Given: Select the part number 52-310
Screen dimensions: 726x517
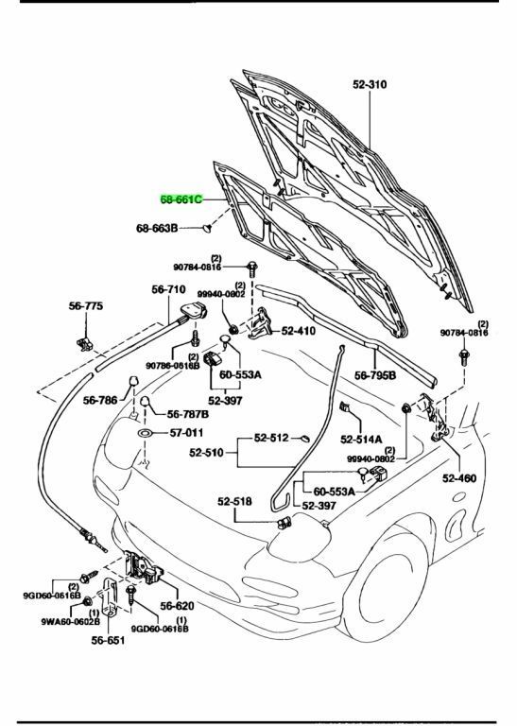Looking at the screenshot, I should [371, 84].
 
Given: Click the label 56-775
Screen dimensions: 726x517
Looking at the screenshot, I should [85, 306].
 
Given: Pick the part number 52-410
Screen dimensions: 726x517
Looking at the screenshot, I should [299, 331].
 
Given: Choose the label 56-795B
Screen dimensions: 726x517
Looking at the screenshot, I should [375, 375].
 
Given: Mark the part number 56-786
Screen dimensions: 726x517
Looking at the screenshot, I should [102, 400].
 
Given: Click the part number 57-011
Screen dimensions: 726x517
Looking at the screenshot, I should [187, 433].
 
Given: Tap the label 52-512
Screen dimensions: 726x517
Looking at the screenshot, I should [272, 438].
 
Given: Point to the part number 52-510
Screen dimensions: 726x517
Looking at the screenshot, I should [208, 453].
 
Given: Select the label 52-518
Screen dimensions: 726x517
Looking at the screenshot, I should [235, 502].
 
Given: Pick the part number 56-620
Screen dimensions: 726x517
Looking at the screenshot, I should [177, 605].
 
